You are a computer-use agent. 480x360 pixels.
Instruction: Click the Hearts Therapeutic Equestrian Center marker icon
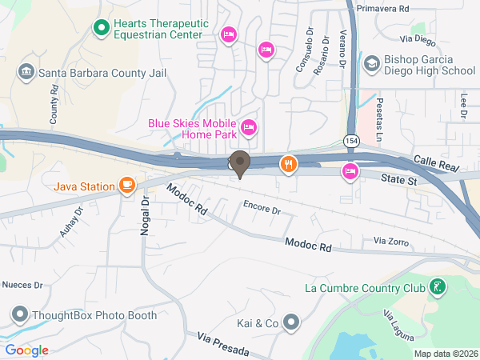point(102,30)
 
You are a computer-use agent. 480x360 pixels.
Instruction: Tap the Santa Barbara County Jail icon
point(26,73)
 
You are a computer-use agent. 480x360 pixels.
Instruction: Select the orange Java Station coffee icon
point(126,186)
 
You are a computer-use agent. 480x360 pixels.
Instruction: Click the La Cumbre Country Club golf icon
point(437,286)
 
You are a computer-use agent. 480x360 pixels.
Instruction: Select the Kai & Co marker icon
point(292,323)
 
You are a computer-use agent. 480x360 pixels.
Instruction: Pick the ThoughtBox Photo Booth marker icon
point(19,314)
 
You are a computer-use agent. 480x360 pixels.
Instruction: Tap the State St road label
point(399,182)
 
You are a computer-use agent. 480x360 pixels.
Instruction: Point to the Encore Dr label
point(262,210)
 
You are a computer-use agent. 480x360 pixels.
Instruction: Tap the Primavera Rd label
point(383,7)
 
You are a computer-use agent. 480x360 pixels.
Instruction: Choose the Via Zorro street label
point(391,240)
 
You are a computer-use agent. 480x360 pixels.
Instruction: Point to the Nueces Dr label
point(22,284)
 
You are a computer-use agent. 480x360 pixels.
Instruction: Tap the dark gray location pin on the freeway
point(239,162)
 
